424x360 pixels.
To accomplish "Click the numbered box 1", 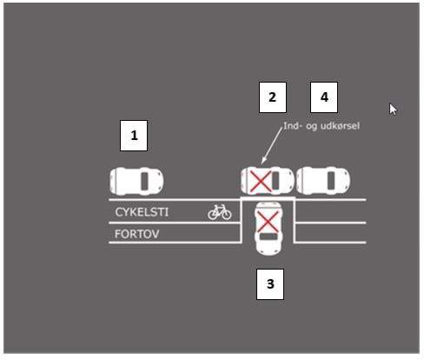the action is click(134, 136).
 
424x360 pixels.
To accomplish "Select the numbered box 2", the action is click(273, 97).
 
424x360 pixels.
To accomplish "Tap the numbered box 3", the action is click(270, 284).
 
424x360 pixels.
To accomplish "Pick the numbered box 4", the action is click(324, 97).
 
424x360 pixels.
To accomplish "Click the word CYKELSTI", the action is click(142, 212).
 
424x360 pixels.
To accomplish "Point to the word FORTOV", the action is click(137, 234).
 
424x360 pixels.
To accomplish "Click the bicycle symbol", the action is click(220, 212).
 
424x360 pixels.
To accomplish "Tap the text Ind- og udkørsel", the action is click(321, 126).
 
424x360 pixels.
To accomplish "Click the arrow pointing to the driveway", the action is click(272, 146).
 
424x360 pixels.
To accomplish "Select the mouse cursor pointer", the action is click(393, 110).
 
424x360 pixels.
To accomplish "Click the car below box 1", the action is click(136, 182).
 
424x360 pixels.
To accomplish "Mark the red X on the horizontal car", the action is click(261, 182).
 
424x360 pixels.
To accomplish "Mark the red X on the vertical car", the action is click(268, 222).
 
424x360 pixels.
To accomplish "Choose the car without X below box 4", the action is click(323, 181).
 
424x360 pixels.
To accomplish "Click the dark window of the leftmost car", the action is click(144, 182).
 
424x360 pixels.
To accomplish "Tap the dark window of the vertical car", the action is click(268, 237).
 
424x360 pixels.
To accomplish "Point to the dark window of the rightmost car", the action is click(331, 181).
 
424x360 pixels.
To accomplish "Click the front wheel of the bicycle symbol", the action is click(227, 215).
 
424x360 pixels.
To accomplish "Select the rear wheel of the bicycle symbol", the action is click(213, 215).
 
